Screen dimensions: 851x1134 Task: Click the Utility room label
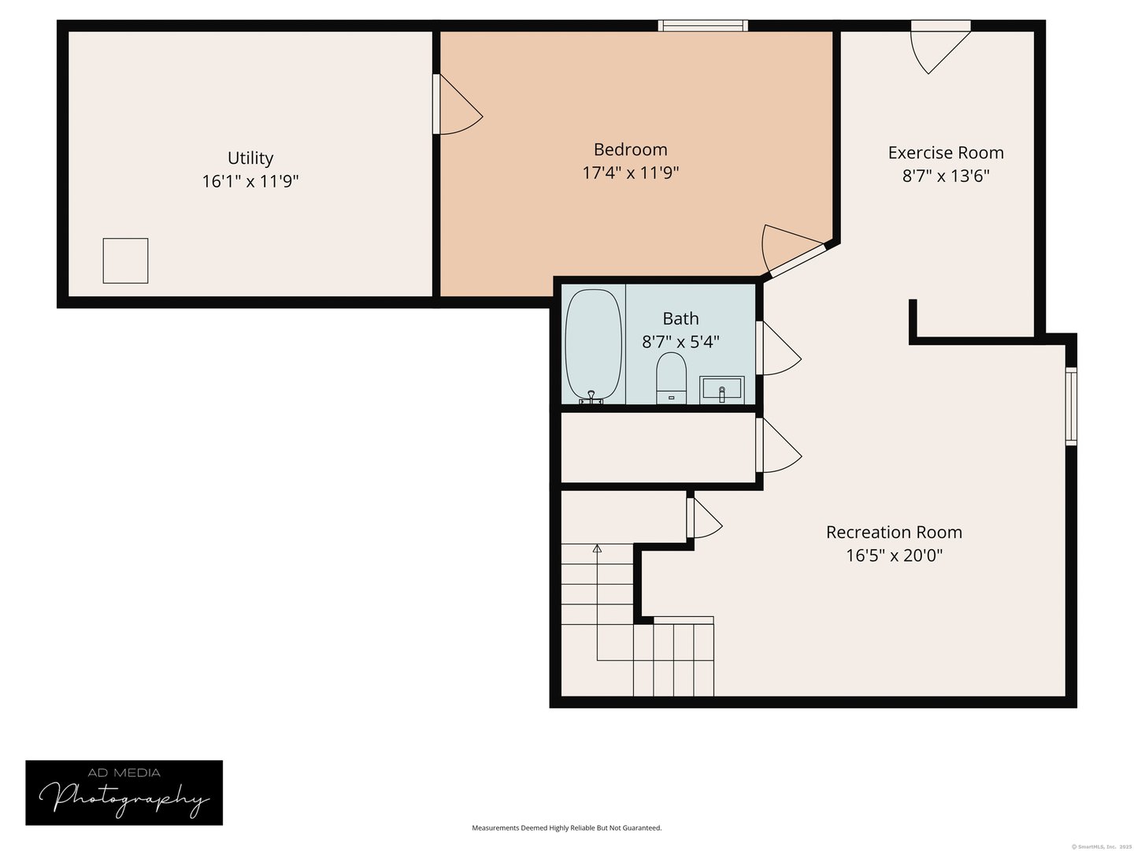(x=250, y=158)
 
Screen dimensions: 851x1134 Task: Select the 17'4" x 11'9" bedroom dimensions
(x=630, y=173)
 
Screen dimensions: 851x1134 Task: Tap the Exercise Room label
(x=946, y=153)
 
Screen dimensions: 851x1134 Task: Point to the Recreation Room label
(x=894, y=533)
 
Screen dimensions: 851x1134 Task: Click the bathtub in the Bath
(x=594, y=345)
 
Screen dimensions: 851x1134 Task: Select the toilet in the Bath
(x=671, y=377)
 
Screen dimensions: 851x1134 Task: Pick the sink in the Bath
(x=721, y=389)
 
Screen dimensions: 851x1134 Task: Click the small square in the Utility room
(x=126, y=261)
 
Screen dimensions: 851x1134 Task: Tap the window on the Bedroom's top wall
(x=702, y=26)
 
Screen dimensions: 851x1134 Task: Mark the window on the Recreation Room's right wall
(x=1071, y=406)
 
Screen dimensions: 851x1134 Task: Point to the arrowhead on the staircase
(x=597, y=548)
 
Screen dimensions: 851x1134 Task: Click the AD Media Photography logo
(x=124, y=793)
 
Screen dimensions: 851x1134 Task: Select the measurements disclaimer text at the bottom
(x=566, y=828)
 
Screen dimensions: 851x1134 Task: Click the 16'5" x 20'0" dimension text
(x=894, y=556)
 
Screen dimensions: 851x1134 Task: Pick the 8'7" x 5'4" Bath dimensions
(x=680, y=342)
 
